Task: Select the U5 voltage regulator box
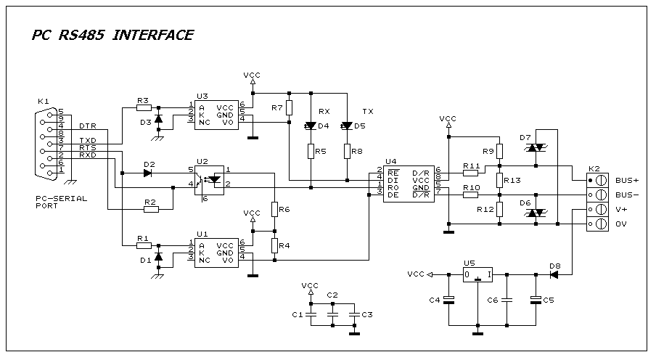[477, 275]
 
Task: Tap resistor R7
[289, 108]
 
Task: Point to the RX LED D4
[311, 126]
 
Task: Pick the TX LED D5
[347, 126]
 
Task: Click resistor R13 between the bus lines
[500, 179]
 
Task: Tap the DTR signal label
[88, 126]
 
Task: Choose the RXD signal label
[88, 155]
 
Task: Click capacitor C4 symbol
[449, 299]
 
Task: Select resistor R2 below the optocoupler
[151, 209]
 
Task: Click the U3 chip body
[216, 115]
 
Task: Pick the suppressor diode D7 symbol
[536, 148]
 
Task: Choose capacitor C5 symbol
[536, 299]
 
